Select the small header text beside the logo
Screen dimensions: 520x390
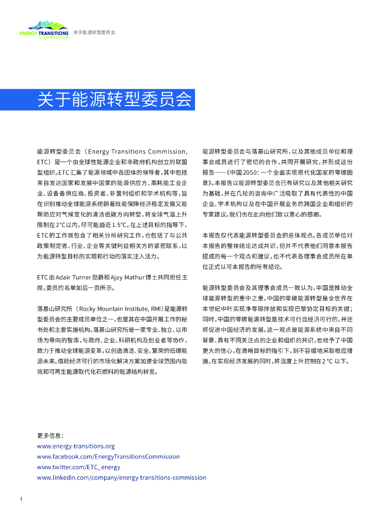[x=94, y=32]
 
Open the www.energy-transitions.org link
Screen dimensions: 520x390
[x=76, y=446]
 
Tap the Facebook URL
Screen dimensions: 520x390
[x=108, y=457]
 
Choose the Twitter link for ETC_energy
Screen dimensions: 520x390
[x=79, y=467]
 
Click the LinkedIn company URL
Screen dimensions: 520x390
[x=121, y=478]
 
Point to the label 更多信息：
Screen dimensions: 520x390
[x=50, y=436]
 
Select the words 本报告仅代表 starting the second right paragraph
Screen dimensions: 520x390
[x=220, y=235]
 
